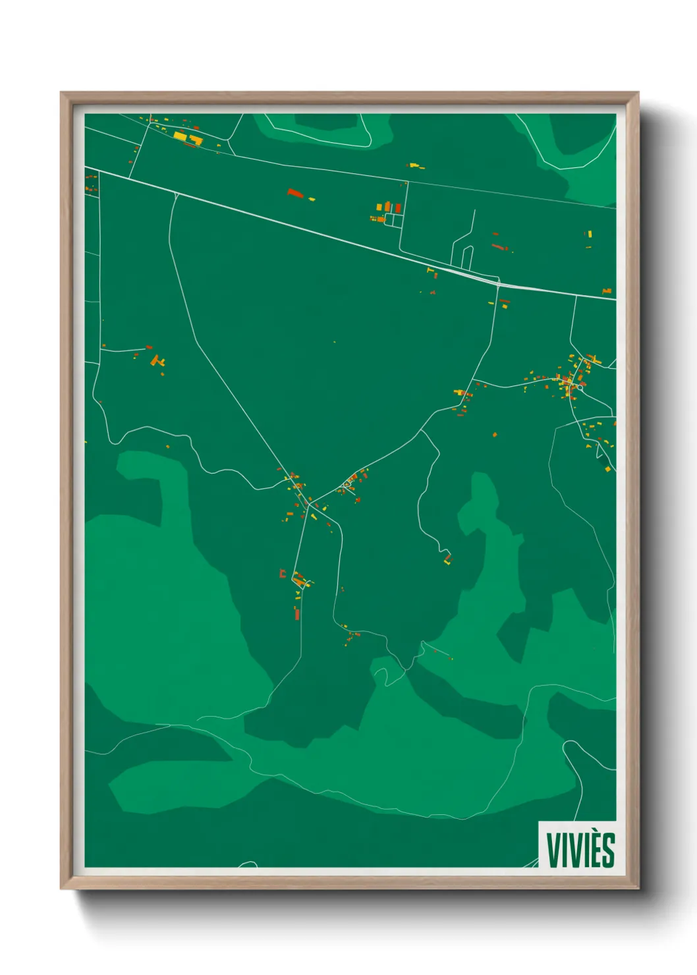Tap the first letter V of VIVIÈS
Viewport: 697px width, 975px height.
[552, 850]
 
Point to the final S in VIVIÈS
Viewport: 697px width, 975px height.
[609, 850]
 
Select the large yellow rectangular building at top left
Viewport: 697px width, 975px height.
[180, 136]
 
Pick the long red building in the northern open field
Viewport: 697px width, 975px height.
[294, 193]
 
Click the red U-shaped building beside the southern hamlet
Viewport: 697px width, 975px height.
[283, 574]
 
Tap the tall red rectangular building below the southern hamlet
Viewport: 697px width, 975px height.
[296, 613]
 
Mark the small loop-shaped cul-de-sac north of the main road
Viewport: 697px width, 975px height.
[466, 258]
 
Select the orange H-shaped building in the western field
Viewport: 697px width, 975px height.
[157, 360]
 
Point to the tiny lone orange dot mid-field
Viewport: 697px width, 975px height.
[334, 342]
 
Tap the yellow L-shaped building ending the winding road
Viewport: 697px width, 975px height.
[448, 560]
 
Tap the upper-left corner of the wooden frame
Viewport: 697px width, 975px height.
[61, 93]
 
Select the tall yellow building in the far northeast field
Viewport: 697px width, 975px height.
[590, 234]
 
